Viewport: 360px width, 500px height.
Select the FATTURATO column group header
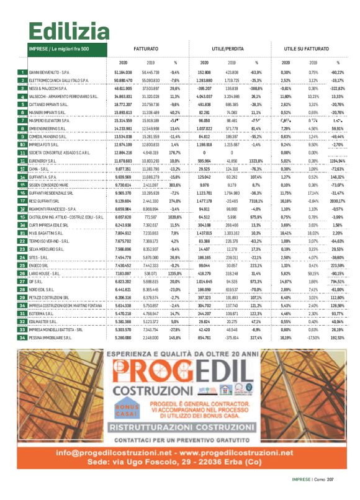click(x=146, y=48)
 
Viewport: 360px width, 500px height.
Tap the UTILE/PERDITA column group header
click(x=227, y=48)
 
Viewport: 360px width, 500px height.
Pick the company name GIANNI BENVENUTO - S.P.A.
click(x=50, y=73)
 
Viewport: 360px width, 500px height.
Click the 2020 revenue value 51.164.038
click(x=124, y=73)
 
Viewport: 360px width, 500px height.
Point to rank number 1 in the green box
click(x=23, y=73)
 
